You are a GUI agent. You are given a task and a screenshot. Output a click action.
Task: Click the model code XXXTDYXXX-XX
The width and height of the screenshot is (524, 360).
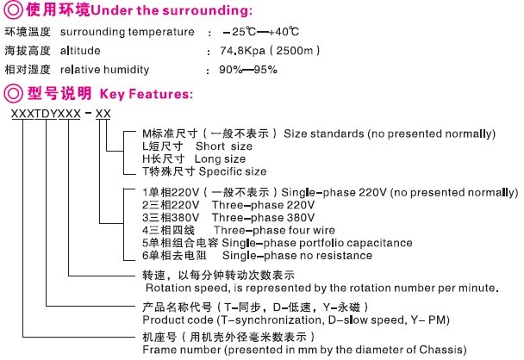click(x=60, y=115)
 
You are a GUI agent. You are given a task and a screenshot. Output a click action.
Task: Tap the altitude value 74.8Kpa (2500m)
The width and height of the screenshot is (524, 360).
click(x=258, y=52)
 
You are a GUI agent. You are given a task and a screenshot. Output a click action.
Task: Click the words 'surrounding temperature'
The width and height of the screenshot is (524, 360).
click(x=122, y=33)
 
